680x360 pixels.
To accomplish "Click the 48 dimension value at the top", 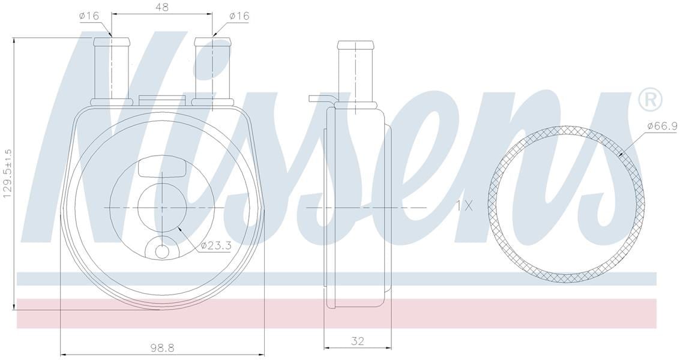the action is click(161, 7).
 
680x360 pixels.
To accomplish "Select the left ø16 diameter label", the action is click(89, 16).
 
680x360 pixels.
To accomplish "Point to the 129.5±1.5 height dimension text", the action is click(8, 173).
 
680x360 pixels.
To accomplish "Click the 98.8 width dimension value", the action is click(161, 348).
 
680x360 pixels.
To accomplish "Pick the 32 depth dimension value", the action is click(357, 341).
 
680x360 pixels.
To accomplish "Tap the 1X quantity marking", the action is click(465, 205).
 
